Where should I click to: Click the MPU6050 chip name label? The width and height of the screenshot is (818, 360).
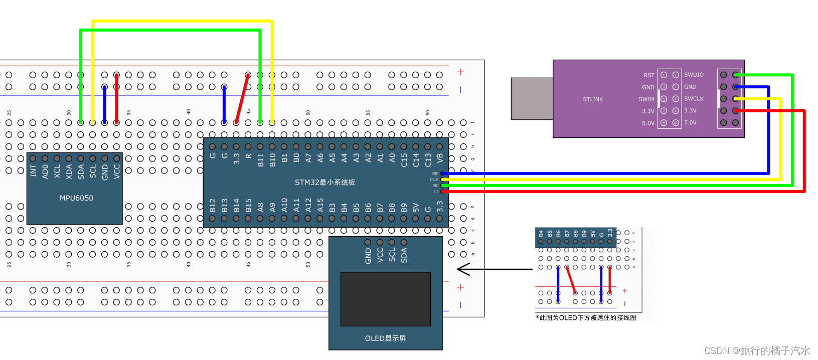(76, 198)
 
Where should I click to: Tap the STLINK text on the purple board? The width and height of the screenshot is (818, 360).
(593, 99)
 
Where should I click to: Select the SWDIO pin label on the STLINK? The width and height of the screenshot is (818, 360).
(694, 75)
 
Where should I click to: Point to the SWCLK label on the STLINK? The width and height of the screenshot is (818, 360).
(694, 99)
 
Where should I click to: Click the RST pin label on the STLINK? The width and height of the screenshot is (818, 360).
(649, 75)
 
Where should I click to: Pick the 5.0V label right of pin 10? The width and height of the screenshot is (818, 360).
(690, 123)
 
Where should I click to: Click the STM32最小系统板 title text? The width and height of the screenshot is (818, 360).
(325, 183)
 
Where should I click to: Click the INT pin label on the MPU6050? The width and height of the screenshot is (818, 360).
(33, 171)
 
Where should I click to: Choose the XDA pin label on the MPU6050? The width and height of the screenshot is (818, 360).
(69, 171)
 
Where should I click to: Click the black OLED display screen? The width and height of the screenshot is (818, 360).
(385, 299)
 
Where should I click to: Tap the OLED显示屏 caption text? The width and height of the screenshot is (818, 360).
(385, 338)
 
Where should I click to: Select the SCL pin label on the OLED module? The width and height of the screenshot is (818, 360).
(392, 255)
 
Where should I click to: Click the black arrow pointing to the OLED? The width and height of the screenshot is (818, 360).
(494, 269)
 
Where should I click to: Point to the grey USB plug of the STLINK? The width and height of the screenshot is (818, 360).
(532, 99)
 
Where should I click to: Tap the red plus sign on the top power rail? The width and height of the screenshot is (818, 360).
(460, 72)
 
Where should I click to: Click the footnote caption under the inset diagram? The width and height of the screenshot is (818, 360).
(585, 318)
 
